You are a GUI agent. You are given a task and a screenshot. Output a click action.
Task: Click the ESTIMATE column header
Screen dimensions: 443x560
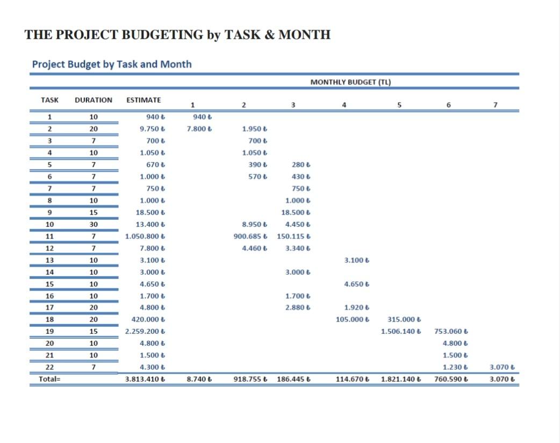143,100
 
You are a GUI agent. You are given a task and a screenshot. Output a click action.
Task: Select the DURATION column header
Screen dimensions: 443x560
94,100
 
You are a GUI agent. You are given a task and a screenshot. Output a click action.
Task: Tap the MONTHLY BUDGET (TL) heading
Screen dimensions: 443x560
350,82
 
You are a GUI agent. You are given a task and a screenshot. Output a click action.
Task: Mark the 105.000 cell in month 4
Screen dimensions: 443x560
353,320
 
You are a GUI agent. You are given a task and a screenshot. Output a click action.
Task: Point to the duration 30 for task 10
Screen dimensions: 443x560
94,225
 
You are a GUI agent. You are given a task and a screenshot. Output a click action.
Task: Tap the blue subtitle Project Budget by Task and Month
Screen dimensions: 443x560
112,65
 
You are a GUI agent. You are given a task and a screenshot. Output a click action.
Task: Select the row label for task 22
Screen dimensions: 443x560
49,367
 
